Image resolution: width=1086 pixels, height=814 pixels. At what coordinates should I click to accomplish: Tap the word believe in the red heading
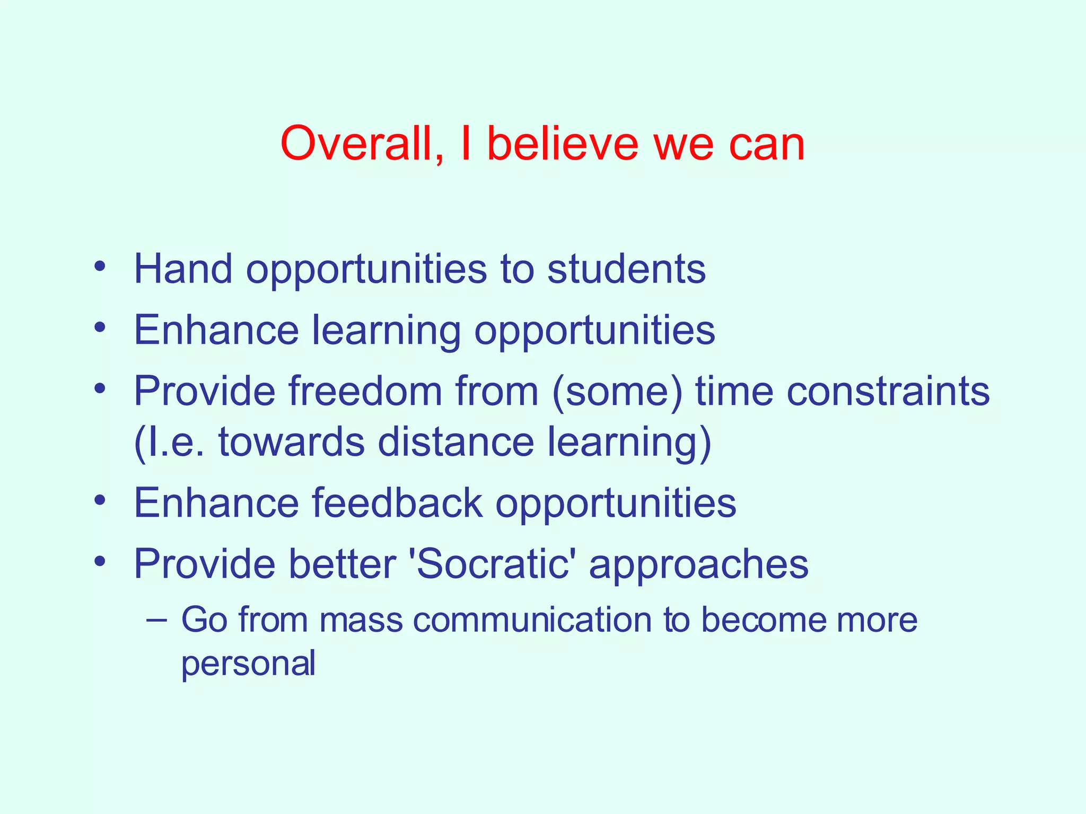coord(563,144)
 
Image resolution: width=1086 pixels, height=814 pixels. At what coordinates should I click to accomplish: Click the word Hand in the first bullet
coord(183,269)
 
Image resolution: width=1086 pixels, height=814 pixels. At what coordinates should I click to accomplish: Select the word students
coord(626,269)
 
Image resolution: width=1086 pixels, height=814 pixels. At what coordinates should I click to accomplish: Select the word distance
coord(456,442)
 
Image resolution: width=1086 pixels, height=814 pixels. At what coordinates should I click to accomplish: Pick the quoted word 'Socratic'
coord(492,563)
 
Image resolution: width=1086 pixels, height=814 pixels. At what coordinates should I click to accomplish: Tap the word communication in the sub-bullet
coord(532,620)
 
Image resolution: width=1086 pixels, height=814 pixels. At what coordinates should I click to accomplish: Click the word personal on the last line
coord(248,663)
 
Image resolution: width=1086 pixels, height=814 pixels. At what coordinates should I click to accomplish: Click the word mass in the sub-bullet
coord(361,620)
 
